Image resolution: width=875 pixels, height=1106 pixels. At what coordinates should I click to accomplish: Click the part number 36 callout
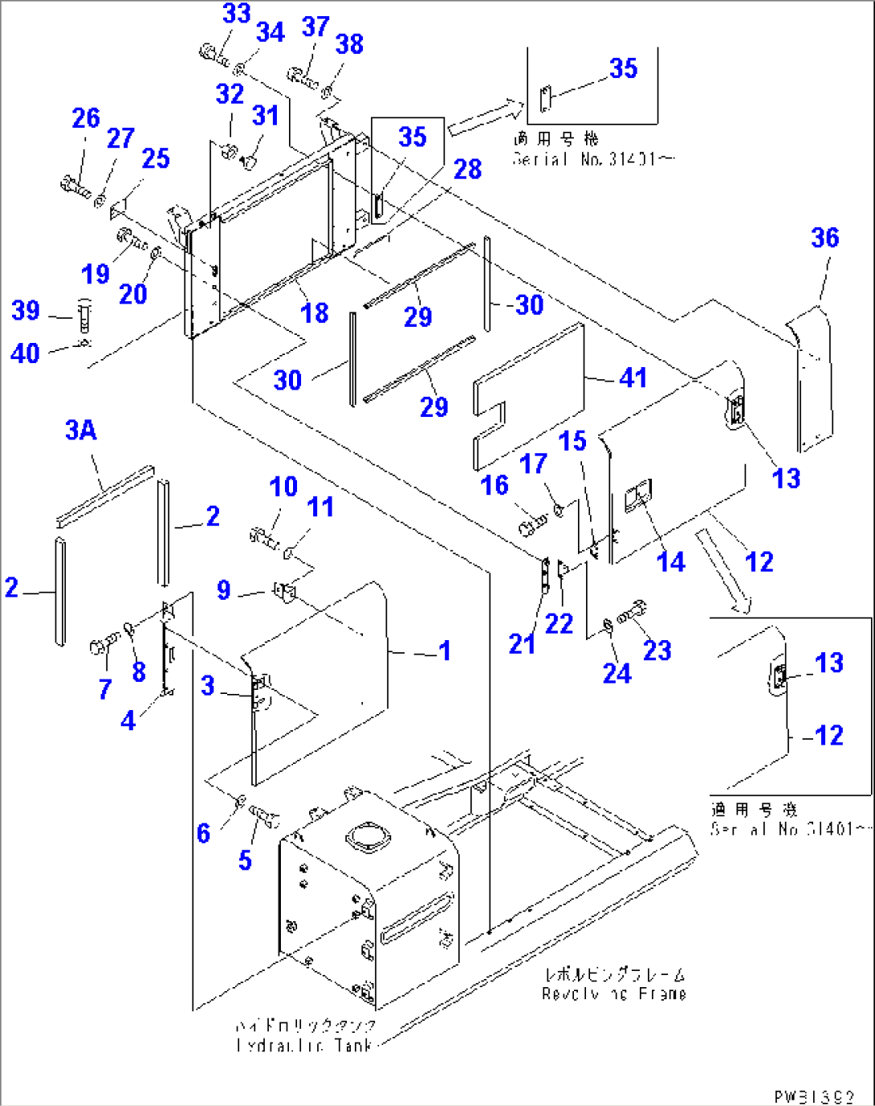(824, 238)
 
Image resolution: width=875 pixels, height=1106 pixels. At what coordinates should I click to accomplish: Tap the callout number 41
(633, 378)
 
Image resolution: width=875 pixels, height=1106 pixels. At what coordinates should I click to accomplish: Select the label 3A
(81, 431)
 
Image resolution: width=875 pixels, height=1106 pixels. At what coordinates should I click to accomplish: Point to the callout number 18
(315, 312)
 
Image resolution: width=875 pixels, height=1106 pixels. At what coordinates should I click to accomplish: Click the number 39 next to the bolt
(25, 310)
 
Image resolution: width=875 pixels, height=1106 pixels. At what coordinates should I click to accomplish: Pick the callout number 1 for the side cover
(444, 651)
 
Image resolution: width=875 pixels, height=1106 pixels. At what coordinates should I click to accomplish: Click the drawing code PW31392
(814, 1096)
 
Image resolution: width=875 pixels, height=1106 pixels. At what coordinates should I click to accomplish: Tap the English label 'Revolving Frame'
(614, 994)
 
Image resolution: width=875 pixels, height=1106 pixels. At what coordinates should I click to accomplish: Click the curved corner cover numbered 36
(812, 378)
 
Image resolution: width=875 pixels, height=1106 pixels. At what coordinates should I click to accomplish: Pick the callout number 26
(86, 118)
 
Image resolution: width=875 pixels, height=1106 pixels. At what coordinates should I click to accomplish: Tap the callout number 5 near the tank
(245, 860)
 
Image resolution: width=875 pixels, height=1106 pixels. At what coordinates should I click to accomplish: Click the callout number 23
(657, 651)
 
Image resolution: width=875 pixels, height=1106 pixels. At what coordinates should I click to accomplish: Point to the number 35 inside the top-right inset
(623, 69)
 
